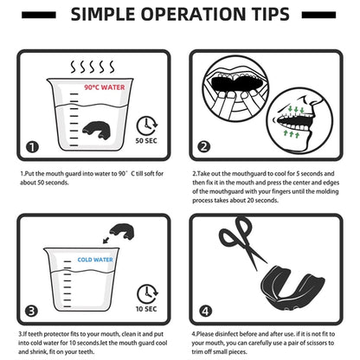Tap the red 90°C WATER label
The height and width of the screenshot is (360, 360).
(105, 87)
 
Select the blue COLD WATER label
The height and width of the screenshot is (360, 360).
(95, 260)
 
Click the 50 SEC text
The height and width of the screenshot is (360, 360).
(146, 141)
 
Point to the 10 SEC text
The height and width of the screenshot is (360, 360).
(146, 309)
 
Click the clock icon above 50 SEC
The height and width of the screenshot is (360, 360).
(147, 125)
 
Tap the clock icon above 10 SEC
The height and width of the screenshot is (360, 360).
(147, 294)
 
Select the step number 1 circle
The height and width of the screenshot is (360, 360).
(32, 147)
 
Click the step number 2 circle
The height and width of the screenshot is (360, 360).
(204, 147)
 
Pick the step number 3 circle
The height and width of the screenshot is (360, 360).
(31, 311)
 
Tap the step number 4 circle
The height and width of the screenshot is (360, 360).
(205, 312)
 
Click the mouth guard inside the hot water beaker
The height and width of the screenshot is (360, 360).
(98, 131)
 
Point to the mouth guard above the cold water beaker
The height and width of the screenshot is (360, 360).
(122, 231)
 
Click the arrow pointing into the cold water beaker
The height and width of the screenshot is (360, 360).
(106, 240)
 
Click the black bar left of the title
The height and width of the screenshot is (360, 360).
(39, 15)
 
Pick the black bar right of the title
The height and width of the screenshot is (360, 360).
(318, 15)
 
